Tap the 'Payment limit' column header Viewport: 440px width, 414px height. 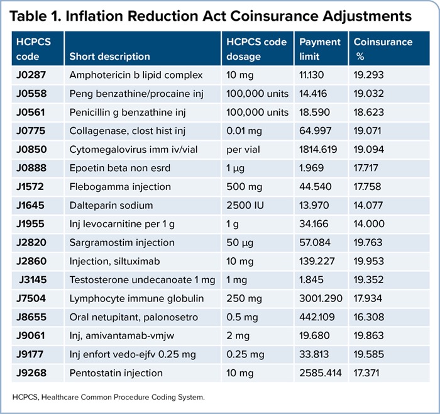point(319,49)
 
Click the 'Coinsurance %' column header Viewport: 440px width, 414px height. point(383,49)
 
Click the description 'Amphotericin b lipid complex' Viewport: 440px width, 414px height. point(136,75)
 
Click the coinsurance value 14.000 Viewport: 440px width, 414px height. point(370,223)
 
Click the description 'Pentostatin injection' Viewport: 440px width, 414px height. point(116,372)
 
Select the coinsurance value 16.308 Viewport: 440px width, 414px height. point(370,317)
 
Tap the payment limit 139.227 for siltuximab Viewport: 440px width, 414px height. point(317,261)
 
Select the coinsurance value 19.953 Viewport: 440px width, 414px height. point(370,261)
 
